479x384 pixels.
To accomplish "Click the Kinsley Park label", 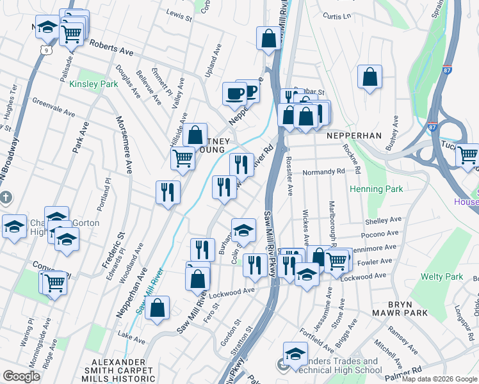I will coord(93,84).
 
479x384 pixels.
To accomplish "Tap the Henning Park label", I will coord(377,189).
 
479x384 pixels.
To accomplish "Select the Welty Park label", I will coord(442,277).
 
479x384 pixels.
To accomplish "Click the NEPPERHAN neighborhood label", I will coord(353,136).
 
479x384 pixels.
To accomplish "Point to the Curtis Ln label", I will coord(337,15).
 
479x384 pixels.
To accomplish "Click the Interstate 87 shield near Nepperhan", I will coord(434,127).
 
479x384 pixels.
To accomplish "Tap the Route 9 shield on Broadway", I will coord(44,49).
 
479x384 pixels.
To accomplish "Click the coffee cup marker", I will coord(234,93).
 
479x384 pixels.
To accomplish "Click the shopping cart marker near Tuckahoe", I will coord(467,154).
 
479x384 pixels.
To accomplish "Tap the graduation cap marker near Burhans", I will coord(243,229).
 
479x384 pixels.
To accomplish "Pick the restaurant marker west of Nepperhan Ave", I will coord(168,191).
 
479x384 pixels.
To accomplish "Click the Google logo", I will coord(22,376).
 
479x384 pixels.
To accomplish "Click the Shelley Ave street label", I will coord(382,221).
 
